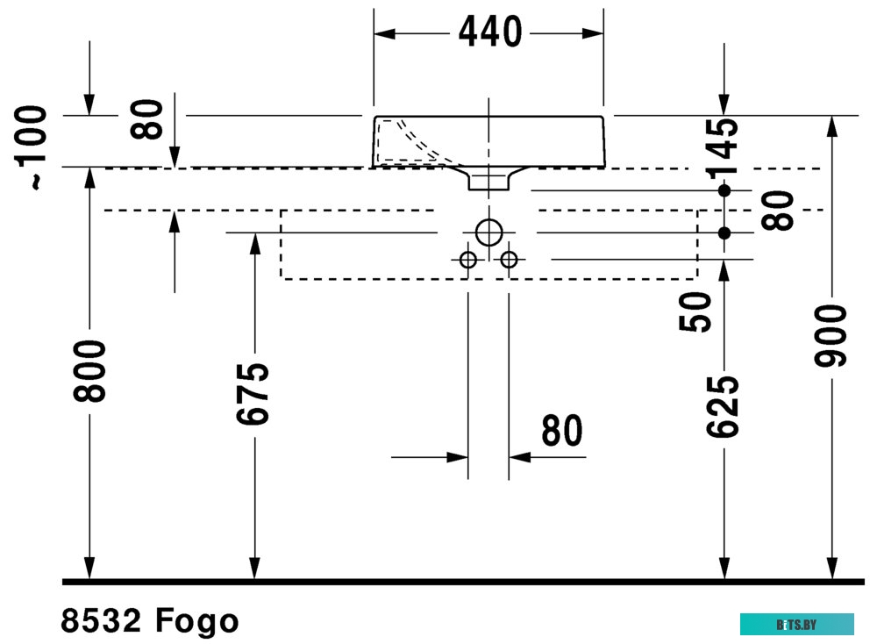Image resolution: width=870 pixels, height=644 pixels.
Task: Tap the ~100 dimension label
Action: (x=31, y=147)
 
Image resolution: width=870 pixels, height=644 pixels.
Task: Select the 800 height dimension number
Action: (x=89, y=371)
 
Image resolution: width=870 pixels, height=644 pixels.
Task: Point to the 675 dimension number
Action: (x=253, y=394)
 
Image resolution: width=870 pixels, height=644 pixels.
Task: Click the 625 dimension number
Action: (x=723, y=407)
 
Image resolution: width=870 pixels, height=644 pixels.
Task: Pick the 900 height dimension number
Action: (x=831, y=335)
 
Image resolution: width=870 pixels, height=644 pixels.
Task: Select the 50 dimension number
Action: (x=695, y=312)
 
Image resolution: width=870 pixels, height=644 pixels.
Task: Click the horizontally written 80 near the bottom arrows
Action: (x=562, y=430)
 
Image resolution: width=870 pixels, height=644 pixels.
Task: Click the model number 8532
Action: (x=101, y=620)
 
